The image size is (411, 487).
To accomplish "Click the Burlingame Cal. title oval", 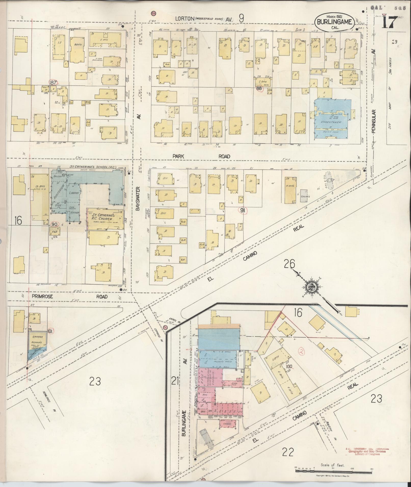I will click(x=334, y=22).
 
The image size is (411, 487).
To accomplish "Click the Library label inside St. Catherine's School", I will click(x=74, y=193).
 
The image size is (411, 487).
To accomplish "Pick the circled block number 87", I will click(x=54, y=82).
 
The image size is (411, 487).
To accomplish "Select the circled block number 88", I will click(x=259, y=88).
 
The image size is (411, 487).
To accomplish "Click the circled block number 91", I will click(x=243, y=210).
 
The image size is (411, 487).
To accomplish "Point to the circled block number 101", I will click(x=50, y=331).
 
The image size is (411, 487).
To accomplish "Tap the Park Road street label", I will click(x=201, y=156).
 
